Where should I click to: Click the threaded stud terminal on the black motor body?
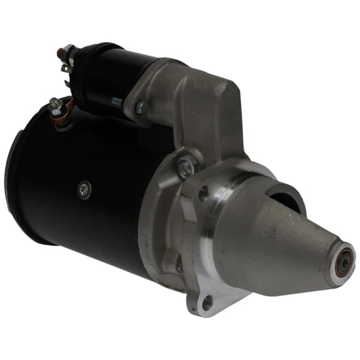pos(56,104)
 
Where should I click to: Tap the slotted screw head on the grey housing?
pos(185,166)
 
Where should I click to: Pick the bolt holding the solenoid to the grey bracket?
pos(140,107)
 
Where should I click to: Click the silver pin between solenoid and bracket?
pos(117,102)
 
